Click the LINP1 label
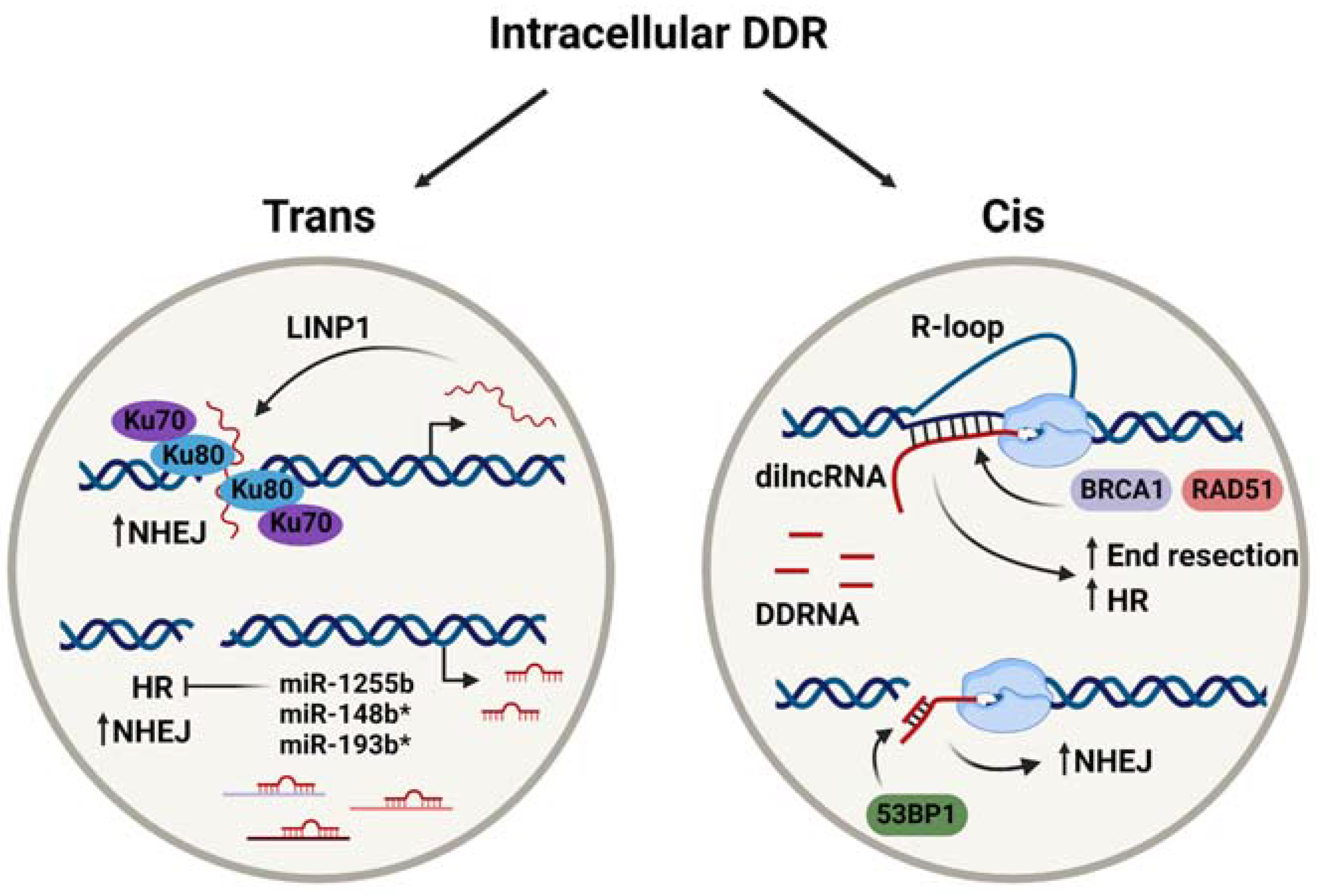[328, 328]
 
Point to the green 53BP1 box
[916, 814]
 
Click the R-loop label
[957, 327]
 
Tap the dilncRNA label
[820, 477]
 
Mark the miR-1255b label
[346, 684]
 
